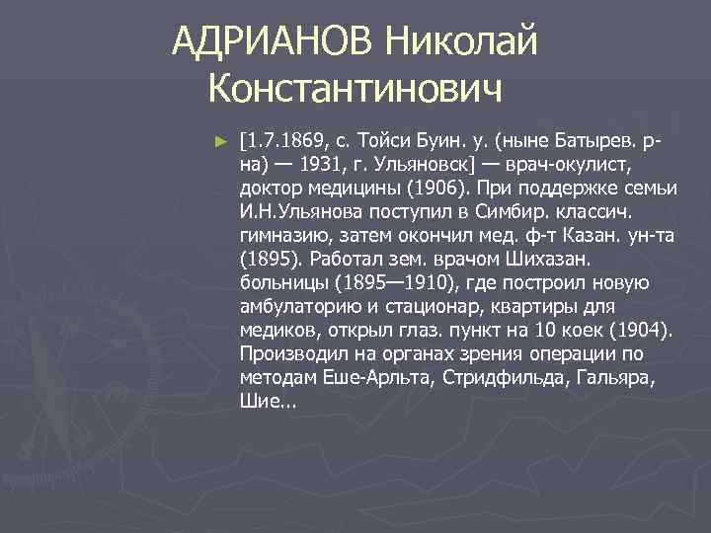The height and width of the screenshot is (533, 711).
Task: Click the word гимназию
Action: pyautogui.click(x=282, y=235)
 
